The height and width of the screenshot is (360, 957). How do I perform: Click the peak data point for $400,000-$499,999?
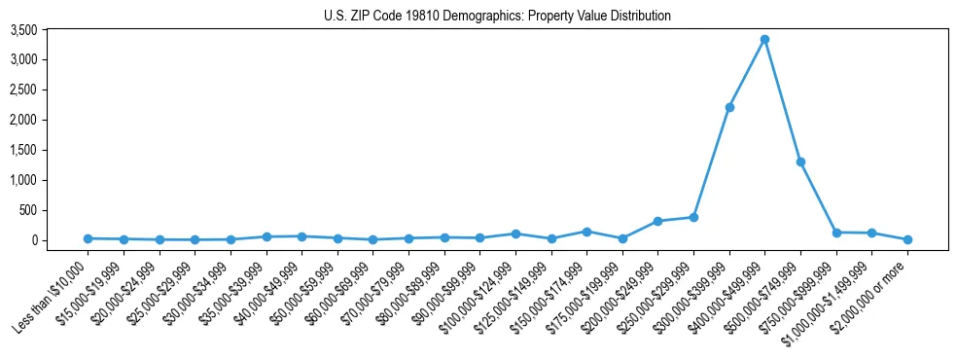[x=764, y=39]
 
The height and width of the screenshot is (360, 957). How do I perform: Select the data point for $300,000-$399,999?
[x=729, y=107]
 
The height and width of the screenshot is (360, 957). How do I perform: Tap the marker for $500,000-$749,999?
[x=800, y=162]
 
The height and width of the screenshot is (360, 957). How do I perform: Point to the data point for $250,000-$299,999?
[x=693, y=217]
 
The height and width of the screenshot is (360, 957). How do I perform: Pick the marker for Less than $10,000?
[x=89, y=238]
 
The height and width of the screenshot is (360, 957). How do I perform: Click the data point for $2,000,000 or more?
[x=907, y=239]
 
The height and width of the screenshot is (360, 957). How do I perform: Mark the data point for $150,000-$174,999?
[x=586, y=232]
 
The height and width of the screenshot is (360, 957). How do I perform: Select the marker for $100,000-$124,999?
[x=515, y=234]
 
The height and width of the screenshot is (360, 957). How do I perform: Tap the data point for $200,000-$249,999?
[x=657, y=221]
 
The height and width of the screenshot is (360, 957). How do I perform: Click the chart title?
[x=497, y=17]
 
